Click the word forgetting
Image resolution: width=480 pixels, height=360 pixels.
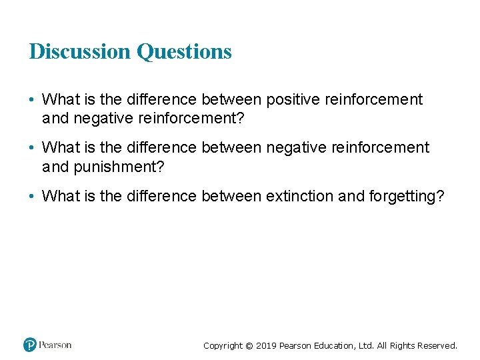(405, 196)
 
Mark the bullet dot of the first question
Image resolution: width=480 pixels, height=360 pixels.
(32, 100)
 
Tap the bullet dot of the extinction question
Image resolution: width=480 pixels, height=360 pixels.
(32, 196)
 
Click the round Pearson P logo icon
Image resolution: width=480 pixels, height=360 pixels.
(30, 345)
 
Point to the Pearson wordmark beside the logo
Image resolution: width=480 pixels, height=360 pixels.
(55, 345)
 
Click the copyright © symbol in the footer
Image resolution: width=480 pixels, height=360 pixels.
(249, 345)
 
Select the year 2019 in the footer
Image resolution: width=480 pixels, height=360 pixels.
(267, 345)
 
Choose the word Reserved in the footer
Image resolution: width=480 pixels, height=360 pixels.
(437, 345)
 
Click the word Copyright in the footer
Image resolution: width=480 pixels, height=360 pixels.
(223, 345)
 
